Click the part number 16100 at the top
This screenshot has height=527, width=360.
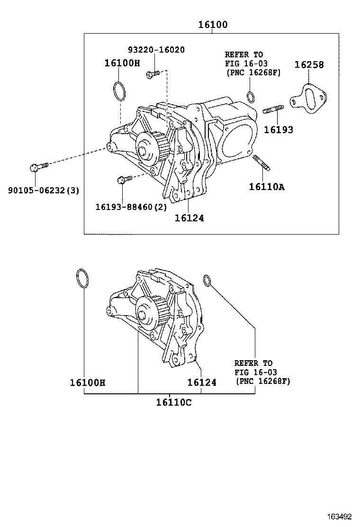tap(212, 25)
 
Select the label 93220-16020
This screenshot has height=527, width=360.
tap(156, 50)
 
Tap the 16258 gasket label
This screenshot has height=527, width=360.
tap(309, 65)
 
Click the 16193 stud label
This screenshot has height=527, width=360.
tap(278, 129)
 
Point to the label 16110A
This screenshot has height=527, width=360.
tap(266, 187)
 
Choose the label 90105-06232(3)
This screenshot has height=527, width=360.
tap(44, 191)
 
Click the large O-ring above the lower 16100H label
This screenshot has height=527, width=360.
tap(82, 279)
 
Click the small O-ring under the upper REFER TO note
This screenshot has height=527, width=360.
tap(251, 98)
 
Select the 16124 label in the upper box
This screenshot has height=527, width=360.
tap(189, 218)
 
